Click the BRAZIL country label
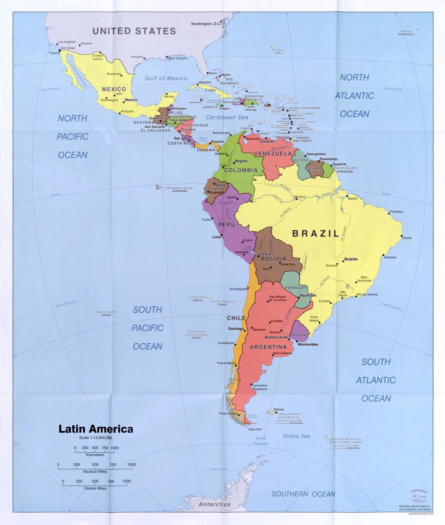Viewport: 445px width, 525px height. (315, 234)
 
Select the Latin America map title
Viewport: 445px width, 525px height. (95, 429)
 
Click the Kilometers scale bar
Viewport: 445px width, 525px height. (95, 452)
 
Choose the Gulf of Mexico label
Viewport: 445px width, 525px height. (166, 79)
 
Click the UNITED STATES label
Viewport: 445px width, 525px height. (134, 31)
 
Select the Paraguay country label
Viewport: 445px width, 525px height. (296, 288)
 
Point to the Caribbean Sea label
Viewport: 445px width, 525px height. (227, 117)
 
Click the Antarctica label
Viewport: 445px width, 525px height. (214, 504)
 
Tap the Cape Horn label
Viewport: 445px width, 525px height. (255, 429)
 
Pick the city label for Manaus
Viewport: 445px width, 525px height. (300, 197)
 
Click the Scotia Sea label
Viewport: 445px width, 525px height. (296, 436)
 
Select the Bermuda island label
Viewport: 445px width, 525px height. (279, 50)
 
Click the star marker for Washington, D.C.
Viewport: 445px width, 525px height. (221, 22)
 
